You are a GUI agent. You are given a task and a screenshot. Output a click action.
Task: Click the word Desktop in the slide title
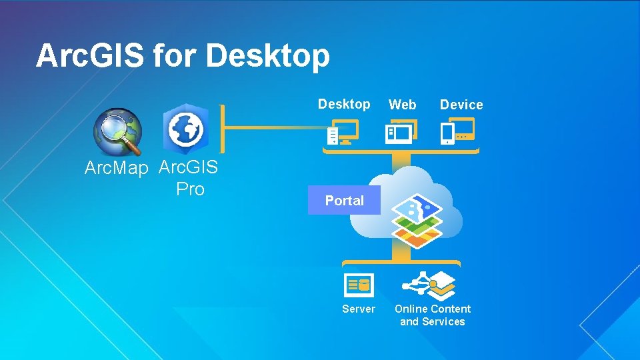[x=268, y=56]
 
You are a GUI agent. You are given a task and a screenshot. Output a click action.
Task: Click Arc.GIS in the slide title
[x=89, y=56]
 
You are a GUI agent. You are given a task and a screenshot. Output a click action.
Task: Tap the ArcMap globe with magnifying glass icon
[x=118, y=131]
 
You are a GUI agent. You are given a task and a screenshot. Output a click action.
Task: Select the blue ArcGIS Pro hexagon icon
[x=186, y=127]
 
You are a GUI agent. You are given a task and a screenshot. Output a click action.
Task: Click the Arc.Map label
[x=116, y=169]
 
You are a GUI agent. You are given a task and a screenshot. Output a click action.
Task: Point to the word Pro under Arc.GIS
[x=190, y=189]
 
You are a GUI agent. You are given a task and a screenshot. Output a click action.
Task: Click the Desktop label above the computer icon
[x=344, y=104]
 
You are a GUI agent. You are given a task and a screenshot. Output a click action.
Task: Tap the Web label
[x=403, y=105]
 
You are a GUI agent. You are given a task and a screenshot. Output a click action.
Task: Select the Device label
[x=461, y=105]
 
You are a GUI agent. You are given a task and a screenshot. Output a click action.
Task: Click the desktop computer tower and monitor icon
[x=343, y=132]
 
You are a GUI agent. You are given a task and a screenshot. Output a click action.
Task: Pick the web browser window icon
[x=401, y=132]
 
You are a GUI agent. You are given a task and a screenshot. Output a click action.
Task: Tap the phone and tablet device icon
[x=457, y=131]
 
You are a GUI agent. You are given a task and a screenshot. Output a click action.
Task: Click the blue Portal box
[x=344, y=201]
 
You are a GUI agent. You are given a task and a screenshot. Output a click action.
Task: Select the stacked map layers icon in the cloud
[x=416, y=220]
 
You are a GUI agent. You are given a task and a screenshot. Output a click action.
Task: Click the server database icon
[x=359, y=285]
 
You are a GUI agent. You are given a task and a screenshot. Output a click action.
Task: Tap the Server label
[x=359, y=309]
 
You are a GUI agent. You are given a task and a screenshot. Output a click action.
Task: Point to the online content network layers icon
[x=429, y=285]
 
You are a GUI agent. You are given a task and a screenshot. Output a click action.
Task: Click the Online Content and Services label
[x=433, y=315]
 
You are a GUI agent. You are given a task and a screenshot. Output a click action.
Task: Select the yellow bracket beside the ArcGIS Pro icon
[x=222, y=128]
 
